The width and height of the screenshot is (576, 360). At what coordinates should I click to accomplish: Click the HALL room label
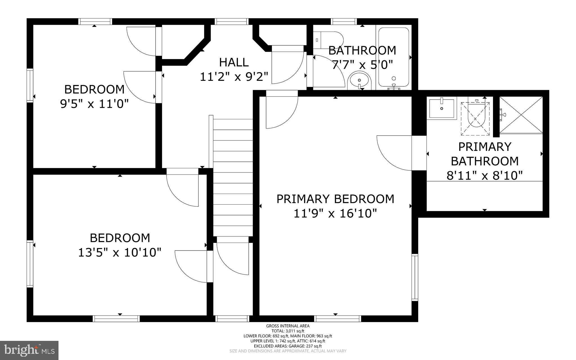234,62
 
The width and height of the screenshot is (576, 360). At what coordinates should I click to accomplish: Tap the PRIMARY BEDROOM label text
335,199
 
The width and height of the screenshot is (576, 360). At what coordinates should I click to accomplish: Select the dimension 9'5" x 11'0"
94,104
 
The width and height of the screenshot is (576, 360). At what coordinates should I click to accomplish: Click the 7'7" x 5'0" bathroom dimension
362,65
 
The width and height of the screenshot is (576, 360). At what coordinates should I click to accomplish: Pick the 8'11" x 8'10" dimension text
485,176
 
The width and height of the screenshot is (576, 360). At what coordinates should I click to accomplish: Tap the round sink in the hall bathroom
359,80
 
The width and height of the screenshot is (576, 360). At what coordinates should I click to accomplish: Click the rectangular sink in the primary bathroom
442,108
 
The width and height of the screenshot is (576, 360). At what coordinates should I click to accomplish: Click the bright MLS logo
29,350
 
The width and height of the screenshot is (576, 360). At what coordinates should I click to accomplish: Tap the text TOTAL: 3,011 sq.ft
288,331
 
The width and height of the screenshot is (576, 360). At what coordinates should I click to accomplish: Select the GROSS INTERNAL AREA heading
288,326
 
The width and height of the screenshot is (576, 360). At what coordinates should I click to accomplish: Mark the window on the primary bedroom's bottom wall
337,319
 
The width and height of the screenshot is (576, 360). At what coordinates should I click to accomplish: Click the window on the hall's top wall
232,21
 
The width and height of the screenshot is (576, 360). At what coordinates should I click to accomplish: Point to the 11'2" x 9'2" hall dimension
234,77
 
